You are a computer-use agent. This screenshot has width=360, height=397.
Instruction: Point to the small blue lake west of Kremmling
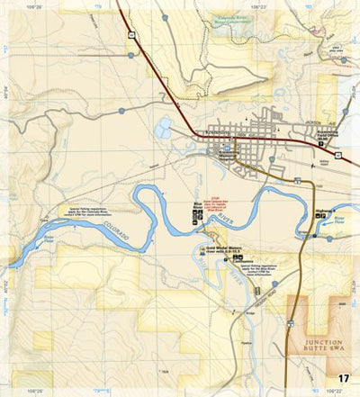163,131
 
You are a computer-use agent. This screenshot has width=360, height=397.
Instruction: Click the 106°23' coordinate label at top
259,5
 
